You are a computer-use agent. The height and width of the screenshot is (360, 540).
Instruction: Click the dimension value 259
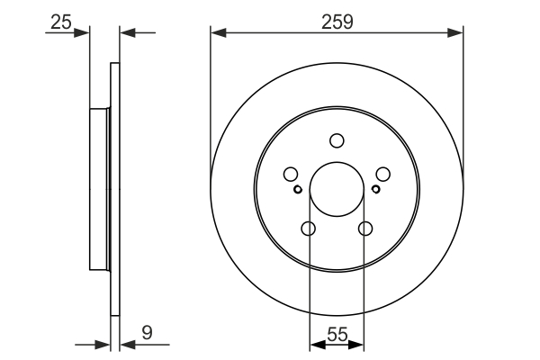point(337,20)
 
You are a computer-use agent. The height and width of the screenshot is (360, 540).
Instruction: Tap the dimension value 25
point(61,20)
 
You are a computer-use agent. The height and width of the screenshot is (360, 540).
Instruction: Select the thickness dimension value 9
point(147,333)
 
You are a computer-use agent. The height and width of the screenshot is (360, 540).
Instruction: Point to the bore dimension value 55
point(337,333)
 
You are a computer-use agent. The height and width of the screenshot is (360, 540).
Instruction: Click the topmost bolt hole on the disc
point(337,140)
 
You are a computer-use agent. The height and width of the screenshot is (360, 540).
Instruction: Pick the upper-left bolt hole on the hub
point(291,175)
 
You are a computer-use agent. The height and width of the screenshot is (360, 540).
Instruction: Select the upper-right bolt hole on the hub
point(382,175)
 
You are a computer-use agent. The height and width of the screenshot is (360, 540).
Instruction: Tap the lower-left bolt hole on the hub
point(309,229)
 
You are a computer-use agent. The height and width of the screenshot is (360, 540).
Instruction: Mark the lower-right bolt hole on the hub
point(364,229)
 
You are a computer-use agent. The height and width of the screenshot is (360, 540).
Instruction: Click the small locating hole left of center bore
point(298,189)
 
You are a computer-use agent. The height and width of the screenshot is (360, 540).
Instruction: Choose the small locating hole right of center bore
point(375,189)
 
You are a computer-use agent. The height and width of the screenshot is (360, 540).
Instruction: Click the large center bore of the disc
point(337,189)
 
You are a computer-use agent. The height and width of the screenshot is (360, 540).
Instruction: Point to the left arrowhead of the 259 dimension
point(217,34)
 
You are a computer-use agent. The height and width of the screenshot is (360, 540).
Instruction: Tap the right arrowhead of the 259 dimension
point(457,34)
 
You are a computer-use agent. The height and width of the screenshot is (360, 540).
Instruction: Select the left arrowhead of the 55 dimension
point(315,344)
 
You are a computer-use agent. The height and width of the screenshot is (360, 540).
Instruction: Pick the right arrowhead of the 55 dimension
point(359,344)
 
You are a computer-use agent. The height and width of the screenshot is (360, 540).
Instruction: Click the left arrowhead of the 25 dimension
point(85,34)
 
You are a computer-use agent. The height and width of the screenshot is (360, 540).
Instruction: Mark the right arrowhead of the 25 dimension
point(126,34)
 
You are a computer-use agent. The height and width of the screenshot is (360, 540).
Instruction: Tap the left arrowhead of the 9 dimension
point(103,344)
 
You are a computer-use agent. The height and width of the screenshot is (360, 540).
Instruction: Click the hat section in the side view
point(99,189)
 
